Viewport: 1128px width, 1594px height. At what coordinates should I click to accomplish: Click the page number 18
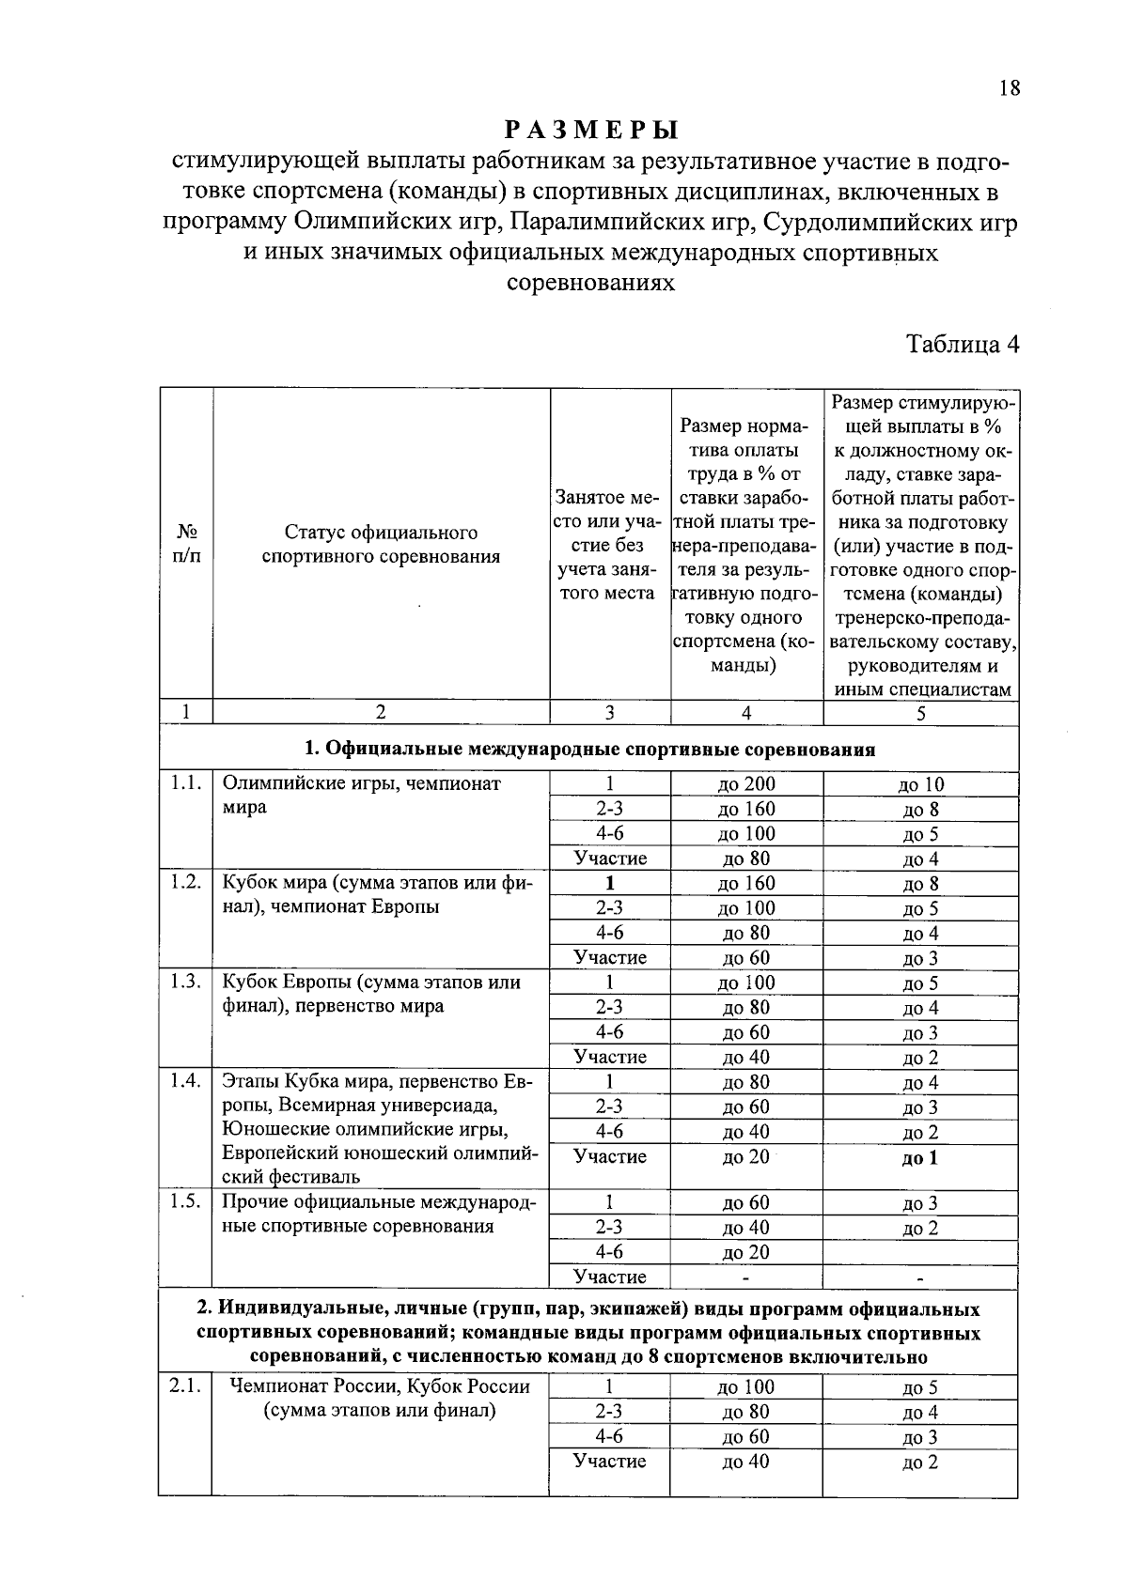(x=1009, y=88)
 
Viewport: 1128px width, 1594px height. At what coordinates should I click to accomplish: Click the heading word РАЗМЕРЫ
(x=590, y=129)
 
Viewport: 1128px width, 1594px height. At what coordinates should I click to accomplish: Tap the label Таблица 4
(x=962, y=344)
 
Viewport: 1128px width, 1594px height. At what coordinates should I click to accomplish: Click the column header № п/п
(x=186, y=544)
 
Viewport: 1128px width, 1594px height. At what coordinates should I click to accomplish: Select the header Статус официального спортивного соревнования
(x=380, y=545)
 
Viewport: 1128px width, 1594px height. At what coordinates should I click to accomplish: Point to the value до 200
(x=746, y=784)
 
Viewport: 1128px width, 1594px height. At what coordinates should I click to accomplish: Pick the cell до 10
(x=920, y=785)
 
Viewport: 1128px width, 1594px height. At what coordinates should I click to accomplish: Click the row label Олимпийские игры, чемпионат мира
(x=361, y=795)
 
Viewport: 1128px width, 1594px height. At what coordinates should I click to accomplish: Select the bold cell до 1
(x=919, y=1158)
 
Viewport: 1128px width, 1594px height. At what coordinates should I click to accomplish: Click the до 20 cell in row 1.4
(x=746, y=1157)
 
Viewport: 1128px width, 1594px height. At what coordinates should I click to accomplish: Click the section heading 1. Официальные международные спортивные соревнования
(x=589, y=750)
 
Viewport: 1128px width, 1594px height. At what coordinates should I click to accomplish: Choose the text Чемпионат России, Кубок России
(x=380, y=1386)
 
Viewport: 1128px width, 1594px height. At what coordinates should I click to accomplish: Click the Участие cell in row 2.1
(x=609, y=1462)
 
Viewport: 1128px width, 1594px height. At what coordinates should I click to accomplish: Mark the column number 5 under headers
(x=920, y=713)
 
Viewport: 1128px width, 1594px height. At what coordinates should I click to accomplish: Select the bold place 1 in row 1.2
(x=609, y=883)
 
